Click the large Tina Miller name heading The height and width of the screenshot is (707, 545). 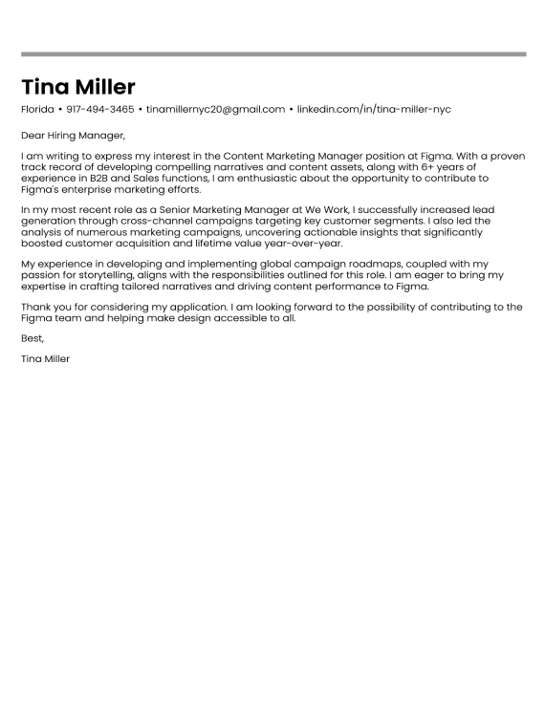pyautogui.click(x=78, y=87)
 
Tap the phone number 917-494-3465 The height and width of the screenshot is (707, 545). pyautogui.click(x=100, y=110)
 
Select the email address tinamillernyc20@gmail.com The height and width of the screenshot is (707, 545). pyautogui.click(x=215, y=110)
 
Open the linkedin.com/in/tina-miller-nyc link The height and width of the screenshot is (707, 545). pyautogui.click(x=373, y=110)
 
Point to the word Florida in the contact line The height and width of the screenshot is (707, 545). pyautogui.click(x=37, y=110)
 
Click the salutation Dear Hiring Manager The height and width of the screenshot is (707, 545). pyautogui.click(x=73, y=136)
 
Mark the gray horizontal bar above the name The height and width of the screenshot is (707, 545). pyautogui.click(x=272, y=54)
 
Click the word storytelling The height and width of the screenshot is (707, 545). pyautogui.click(x=97, y=274)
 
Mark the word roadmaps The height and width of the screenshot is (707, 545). pyautogui.click(x=368, y=263)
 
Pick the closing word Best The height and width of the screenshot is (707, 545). pyautogui.click(x=32, y=338)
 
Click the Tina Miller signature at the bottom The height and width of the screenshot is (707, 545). pyautogui.click(x=45, y=359)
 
